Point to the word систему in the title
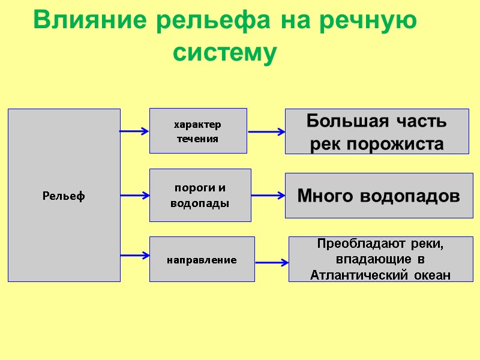[x=225, y=53]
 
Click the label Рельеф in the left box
[x=64, y=196]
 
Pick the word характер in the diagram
[x=197, y=125]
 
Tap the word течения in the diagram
[x=197, y=139]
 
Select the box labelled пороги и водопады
[x=200, y=195]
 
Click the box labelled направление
[x=202, y=259]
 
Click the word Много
[x=326, y=196]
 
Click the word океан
[x=431, y=275]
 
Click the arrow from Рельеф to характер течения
[x=134, y=130]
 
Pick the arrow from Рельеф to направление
[x=134, y=256]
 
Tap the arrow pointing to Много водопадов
[x=268, y=195]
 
